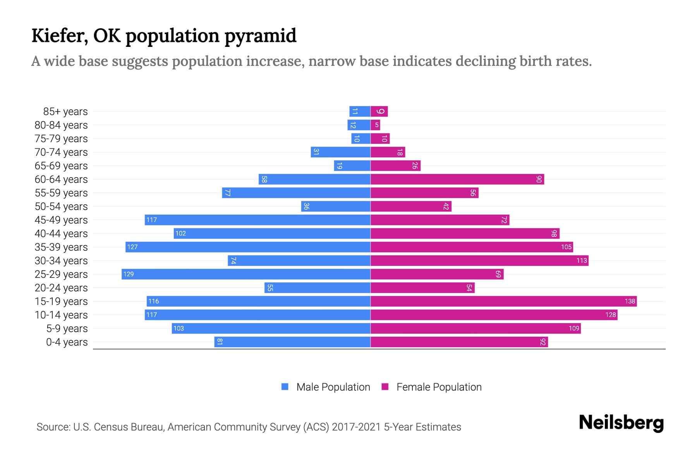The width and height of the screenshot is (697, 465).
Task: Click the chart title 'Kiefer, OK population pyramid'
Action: point(164,36)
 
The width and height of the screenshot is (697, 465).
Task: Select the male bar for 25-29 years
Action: point(246,274)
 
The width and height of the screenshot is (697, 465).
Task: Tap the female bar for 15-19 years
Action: point(503,301)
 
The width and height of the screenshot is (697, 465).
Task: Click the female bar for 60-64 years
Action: point(457,179)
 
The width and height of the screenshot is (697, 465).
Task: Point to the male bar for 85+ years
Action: point(360,112)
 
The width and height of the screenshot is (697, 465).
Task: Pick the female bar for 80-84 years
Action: point(375,125)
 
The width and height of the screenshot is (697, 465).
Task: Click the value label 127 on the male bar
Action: point(132,247)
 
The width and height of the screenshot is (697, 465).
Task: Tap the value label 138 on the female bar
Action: point(630,301)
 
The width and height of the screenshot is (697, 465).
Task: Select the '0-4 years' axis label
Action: point(67,342)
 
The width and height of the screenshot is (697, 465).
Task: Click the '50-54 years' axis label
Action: point(61,207)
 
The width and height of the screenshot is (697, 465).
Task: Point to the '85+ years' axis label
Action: point(65,112)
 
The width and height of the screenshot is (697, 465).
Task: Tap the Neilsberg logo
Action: point(621,423)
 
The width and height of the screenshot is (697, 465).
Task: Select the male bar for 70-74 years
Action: point(340,152)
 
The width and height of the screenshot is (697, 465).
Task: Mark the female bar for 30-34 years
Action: point(479,261)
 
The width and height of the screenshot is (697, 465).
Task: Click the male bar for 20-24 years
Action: point(318,288)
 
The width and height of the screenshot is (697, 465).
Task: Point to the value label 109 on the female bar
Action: point(574,329)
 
